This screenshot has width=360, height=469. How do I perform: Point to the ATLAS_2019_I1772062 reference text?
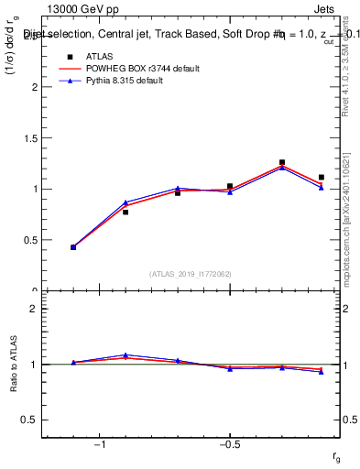[x=191, y=274]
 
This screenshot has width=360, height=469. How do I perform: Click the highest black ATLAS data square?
[x=282, y=162]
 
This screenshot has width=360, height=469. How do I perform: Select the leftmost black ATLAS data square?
[x=73, y=247]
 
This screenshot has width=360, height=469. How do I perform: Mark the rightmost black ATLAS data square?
[x=322, y=177]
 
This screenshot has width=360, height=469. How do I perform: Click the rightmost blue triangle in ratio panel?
[x=322, y=371]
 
